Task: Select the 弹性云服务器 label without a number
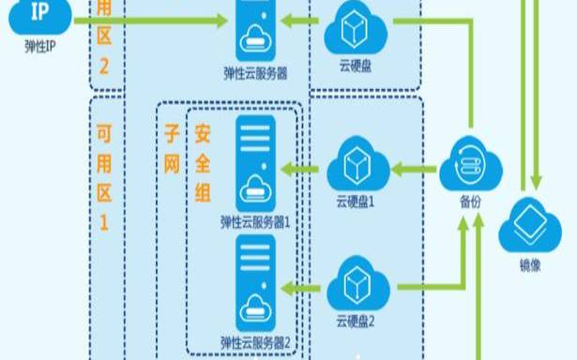(256, 70)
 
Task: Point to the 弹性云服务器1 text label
(256, 223)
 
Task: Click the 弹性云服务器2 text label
(256, 340)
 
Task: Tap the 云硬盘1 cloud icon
(355, 167)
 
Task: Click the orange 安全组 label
(203, 164)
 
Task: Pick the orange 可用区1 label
(104, 178)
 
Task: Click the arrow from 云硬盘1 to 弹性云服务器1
(301, 170)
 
